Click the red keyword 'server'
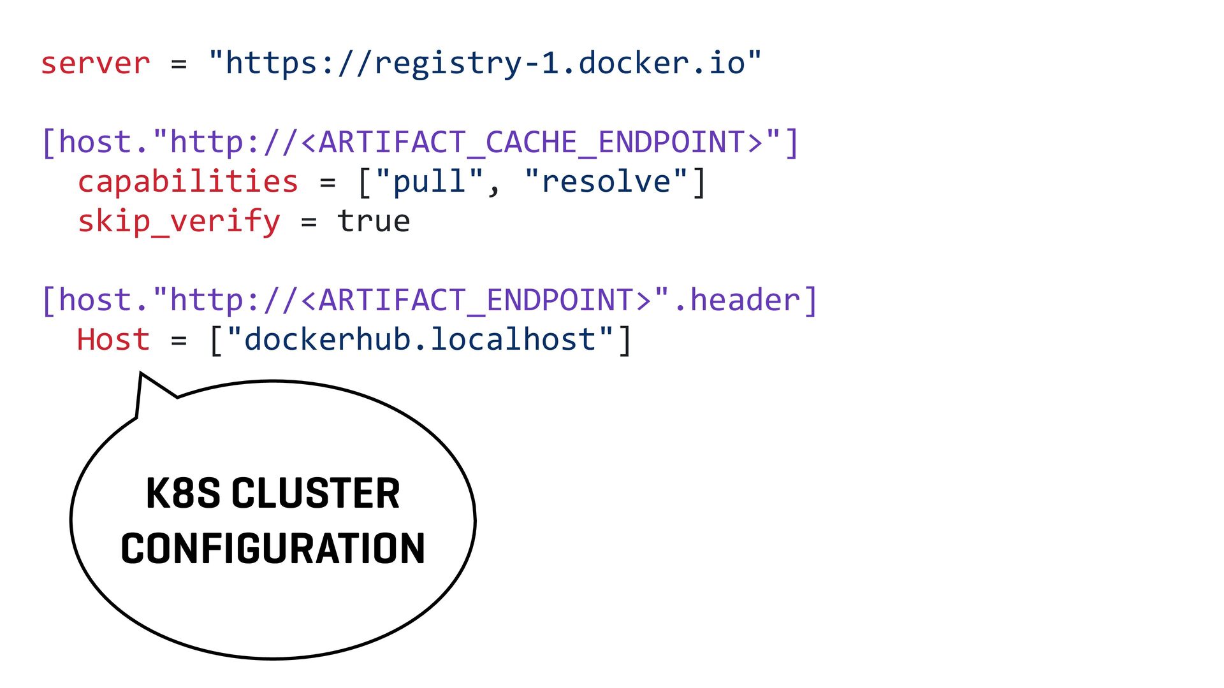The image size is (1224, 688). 96,64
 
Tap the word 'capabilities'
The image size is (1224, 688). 188,182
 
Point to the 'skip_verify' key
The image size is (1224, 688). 179,222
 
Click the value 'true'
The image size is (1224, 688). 374,222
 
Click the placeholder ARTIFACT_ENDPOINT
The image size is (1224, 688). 476,300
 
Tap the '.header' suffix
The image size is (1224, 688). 736,300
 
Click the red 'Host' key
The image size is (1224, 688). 113,340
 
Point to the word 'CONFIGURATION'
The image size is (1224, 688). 273,548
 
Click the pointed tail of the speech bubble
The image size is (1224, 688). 141,374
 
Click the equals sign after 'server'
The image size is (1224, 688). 179,64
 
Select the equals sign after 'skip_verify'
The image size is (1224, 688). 309,222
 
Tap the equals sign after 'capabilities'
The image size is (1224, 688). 328,183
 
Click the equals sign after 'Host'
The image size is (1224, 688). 179,341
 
